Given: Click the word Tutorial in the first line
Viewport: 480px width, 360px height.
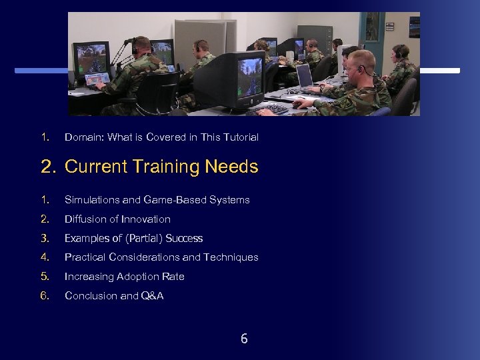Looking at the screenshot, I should point(240,137).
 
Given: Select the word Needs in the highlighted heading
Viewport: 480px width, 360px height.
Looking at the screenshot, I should point(232,167).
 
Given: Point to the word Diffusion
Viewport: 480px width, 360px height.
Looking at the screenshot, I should point(85,219).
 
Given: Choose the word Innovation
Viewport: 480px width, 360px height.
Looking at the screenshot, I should point(146,219).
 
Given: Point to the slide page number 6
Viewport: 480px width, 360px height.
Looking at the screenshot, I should point(244,339).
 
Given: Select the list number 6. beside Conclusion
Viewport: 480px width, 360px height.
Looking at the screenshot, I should point(45,296).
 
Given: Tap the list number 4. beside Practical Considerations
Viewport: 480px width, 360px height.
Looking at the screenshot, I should point(45,257).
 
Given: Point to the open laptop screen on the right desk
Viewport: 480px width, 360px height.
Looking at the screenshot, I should point(304,76).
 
